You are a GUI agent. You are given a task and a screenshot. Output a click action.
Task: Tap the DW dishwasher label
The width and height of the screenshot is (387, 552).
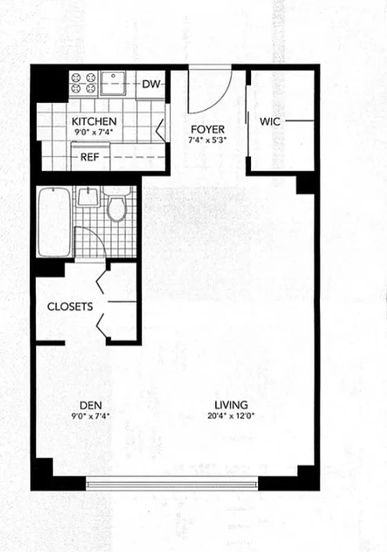152,85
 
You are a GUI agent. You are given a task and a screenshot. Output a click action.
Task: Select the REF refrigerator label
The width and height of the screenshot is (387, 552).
90,157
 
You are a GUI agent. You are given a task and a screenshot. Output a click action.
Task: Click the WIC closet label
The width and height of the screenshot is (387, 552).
269,121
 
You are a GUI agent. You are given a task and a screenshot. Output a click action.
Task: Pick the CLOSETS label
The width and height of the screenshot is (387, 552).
70,306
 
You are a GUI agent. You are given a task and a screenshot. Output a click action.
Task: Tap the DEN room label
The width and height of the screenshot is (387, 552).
86,405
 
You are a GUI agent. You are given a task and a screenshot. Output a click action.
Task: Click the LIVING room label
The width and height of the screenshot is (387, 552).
230,405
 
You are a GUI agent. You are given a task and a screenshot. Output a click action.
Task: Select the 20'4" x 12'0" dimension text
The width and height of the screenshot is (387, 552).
230,416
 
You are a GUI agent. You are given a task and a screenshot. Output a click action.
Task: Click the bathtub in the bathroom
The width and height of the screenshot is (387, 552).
52,222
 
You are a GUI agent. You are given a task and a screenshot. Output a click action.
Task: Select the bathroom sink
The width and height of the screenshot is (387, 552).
88,197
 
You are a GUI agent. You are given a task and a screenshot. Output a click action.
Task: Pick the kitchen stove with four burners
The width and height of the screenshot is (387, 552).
83,83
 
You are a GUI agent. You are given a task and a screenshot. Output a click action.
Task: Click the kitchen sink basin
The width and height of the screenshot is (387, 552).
112,83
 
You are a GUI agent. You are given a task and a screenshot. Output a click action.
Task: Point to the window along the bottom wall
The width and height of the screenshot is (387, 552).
172,483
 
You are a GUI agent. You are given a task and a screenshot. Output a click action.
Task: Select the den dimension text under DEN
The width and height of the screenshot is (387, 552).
86,416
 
